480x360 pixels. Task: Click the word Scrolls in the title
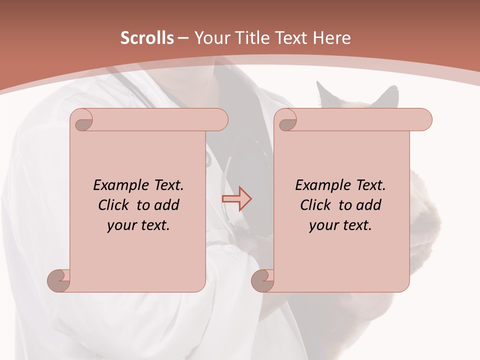tap(147, 38)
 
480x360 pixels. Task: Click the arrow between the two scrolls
tap(237, 199)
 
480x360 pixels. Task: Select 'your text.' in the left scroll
tap(138, 225)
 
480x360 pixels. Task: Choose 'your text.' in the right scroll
tap(340, 225)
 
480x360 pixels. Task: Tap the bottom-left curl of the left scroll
tap(58, 279)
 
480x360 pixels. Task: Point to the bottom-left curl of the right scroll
tap(262, 279)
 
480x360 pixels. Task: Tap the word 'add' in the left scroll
tap(167, 205)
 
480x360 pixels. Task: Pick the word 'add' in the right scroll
tap(369, 205)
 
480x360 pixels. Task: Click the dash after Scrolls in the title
tap(183, 38)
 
